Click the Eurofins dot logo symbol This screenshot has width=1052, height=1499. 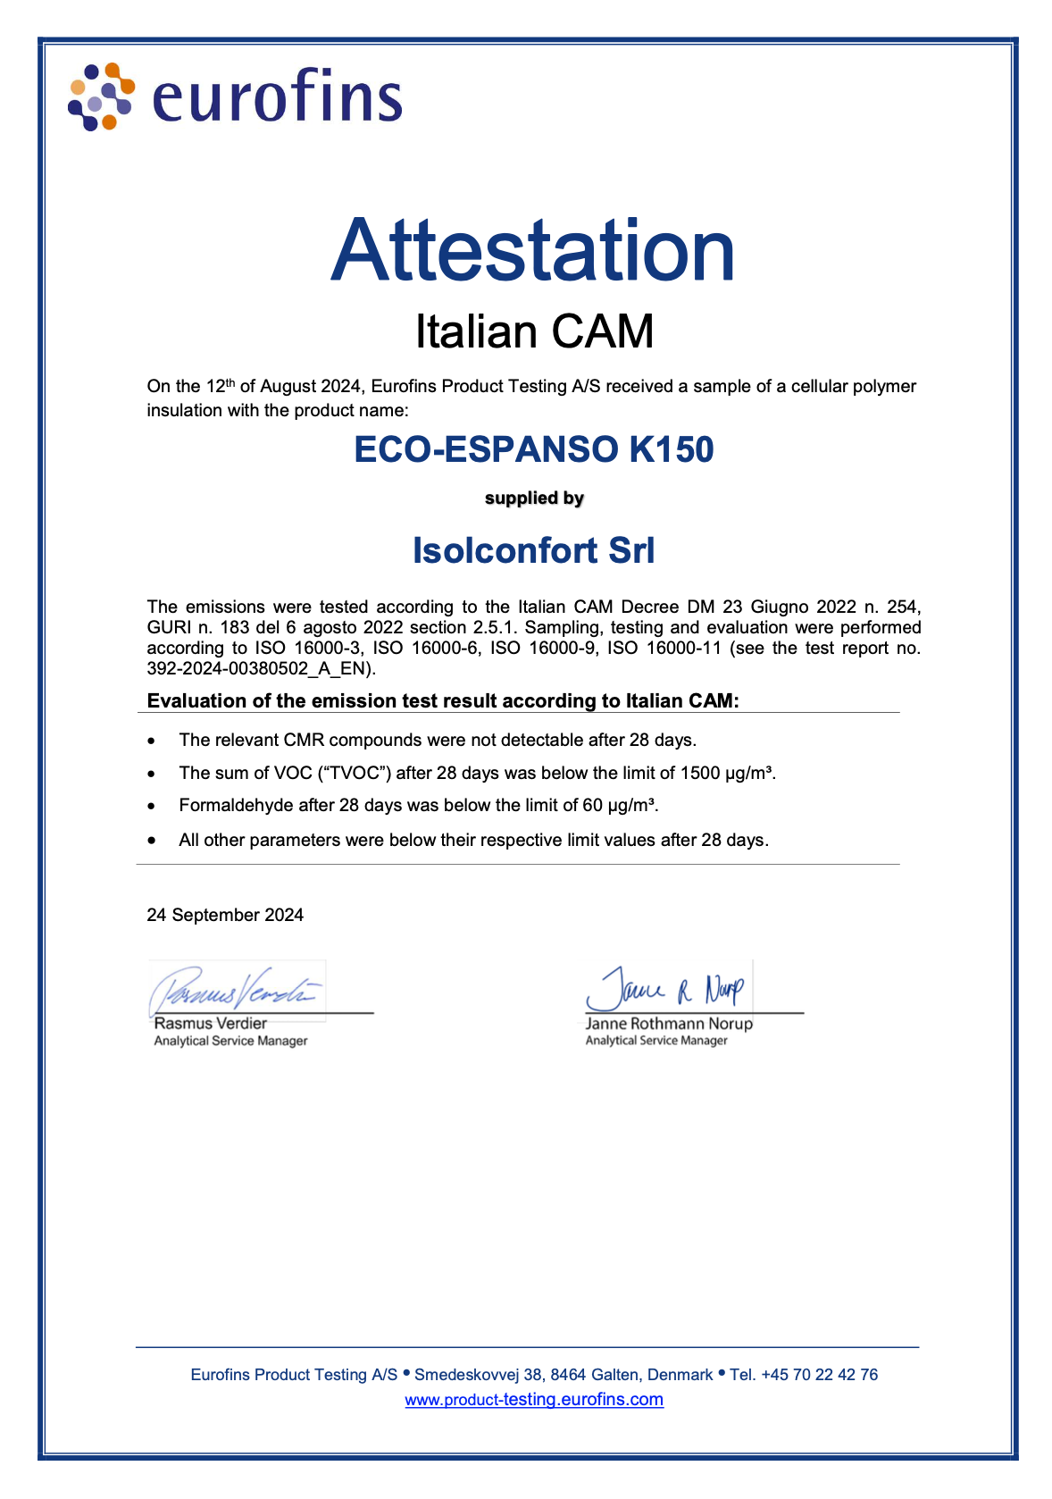101,96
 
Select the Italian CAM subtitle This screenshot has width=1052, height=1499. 534,331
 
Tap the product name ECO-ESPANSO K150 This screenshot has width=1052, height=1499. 534,449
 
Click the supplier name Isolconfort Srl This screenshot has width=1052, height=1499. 533,550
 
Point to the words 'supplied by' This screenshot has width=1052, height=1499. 534,498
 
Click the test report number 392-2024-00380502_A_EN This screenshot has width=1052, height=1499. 261,668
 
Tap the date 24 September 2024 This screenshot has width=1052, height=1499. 225,915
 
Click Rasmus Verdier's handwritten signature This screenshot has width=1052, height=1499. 237,988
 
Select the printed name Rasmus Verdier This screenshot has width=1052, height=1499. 211,1024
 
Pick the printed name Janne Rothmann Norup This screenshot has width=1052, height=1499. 669,1024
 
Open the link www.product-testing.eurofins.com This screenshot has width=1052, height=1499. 534,1400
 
